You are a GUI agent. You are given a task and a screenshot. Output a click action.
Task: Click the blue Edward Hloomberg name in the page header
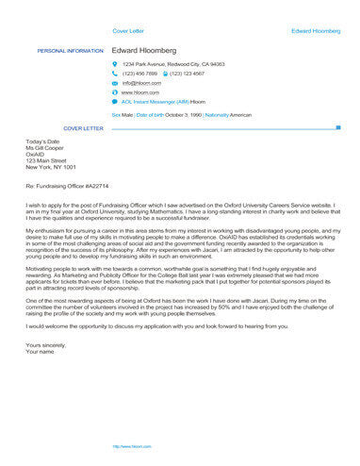coord(316,31)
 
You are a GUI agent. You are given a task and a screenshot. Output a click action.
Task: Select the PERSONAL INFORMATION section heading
coord(71,50)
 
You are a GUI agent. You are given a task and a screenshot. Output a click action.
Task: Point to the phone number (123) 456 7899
coord(139,73)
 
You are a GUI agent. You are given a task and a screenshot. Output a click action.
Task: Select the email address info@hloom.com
coord(141,82)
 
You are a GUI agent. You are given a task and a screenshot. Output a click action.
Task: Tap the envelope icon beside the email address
coord(115,82)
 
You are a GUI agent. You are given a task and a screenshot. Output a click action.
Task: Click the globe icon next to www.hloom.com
coord(115,92)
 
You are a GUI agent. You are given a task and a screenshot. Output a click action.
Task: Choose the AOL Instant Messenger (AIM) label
coord(155,102)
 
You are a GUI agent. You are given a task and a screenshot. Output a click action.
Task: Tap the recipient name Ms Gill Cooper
coord(46,146)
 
